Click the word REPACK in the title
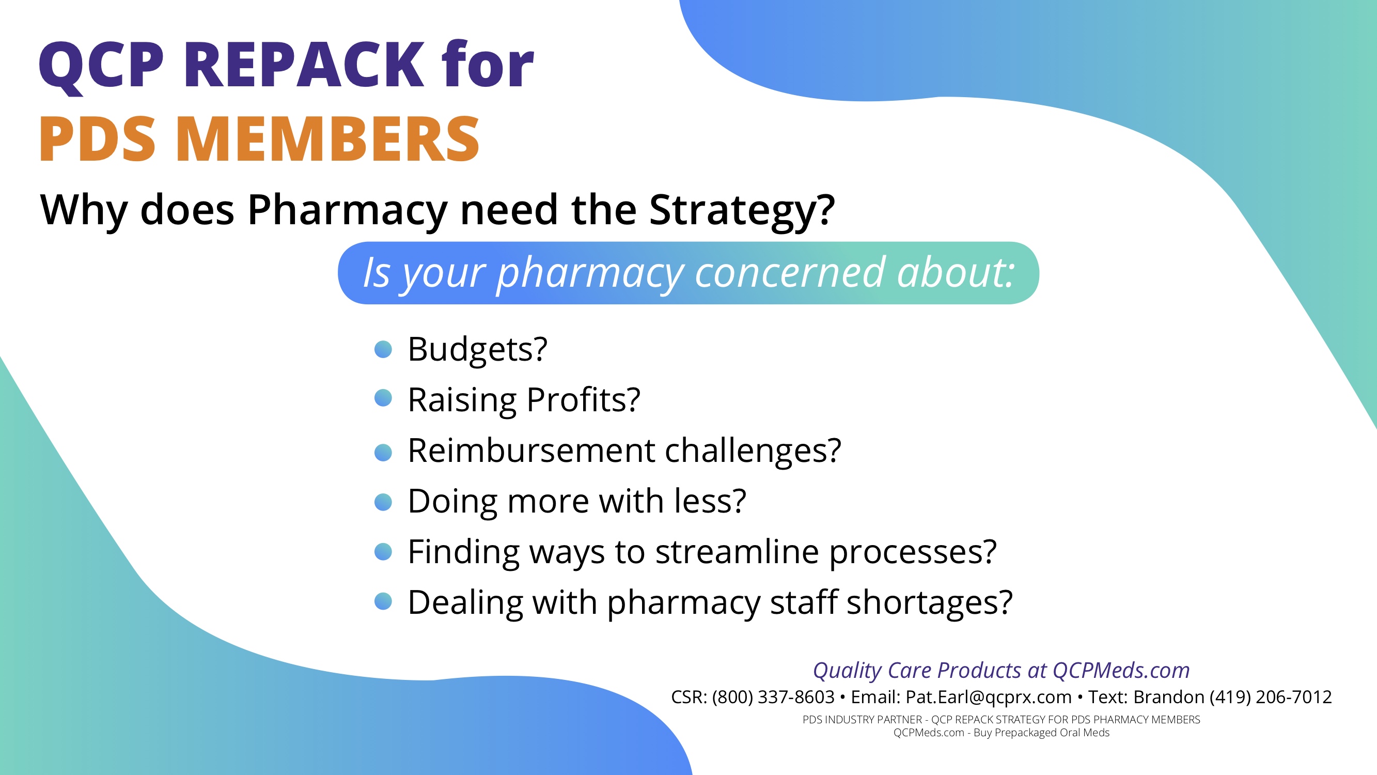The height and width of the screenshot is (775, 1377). (x=303, y=65)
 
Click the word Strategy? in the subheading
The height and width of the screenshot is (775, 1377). (x=741, y=211)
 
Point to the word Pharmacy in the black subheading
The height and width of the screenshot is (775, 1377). (x=348, y=211)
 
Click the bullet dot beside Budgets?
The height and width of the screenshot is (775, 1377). (x=383, y=349)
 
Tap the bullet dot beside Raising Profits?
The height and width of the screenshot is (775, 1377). (x=383, y=398)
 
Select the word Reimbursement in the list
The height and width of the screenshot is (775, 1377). (x=531, y=451)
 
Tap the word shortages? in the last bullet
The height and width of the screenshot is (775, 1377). (x=930, y=602)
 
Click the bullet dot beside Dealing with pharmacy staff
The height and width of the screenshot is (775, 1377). (x=383, y=601)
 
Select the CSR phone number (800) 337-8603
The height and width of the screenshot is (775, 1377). (x=773, y=697)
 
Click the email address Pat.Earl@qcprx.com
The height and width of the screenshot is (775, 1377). (x=989, y=698)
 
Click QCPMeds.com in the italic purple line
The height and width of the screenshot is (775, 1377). (x=1121, y=670)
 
